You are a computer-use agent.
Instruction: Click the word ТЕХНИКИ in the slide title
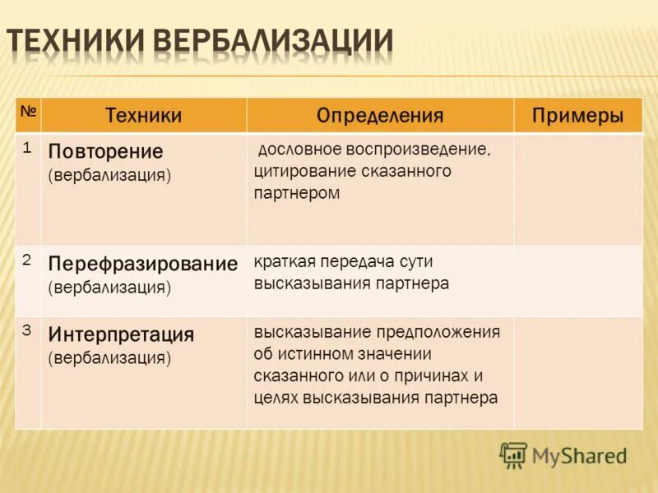tap(77, 43)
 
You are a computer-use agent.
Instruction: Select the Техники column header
tap(143, 116)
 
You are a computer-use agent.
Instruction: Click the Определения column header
tap(380, 116)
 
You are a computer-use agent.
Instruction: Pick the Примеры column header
tap(577, 116)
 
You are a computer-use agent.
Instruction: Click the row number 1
tap(27, 148)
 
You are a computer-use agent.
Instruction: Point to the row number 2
tap(27, 260)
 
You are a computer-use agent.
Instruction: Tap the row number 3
tap(27, 330)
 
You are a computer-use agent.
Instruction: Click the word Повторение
tap(105, 152)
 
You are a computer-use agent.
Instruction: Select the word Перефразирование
tap(142, 264)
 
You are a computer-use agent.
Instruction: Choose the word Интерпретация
tap(121, 334)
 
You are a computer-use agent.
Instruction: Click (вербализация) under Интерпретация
tap(109, 358)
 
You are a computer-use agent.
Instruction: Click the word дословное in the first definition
tap(298, 152)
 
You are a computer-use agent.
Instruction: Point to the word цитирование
tap(300, 173)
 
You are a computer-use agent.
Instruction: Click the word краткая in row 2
tap(282, 262)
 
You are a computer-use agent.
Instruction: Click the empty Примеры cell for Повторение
tap(578, 189)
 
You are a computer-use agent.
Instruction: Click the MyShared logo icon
tap(513, 454)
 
